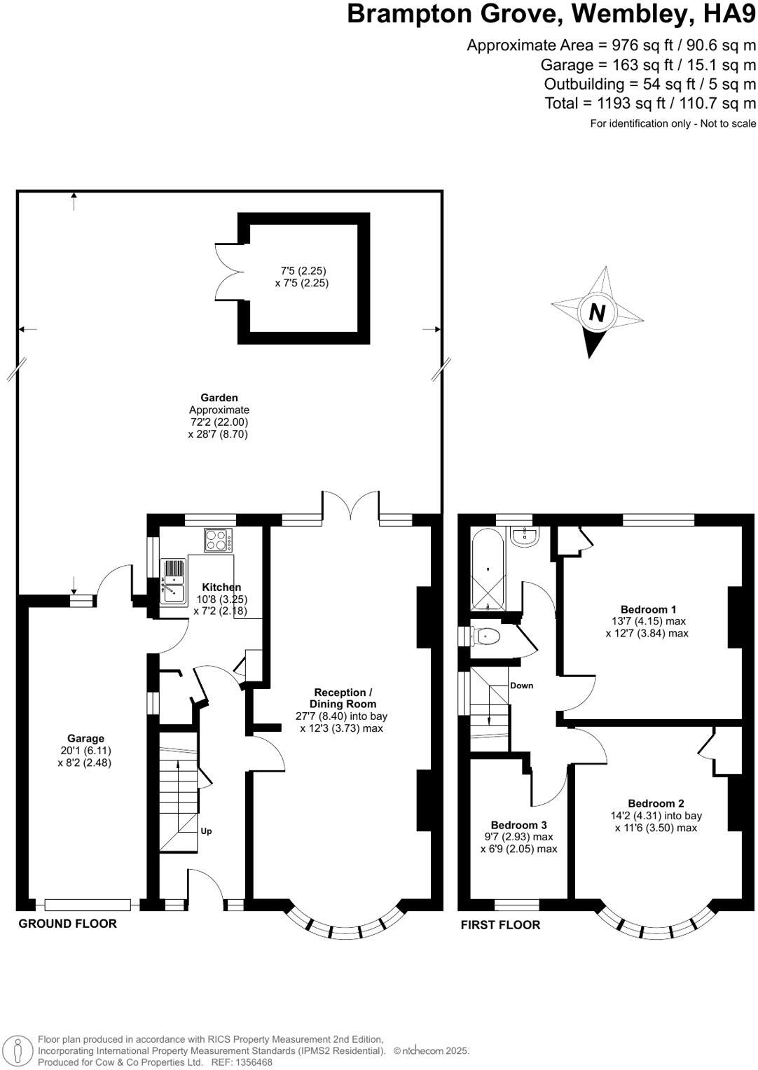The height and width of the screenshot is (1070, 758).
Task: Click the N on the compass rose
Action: pyautogui.click(x=597, y=312)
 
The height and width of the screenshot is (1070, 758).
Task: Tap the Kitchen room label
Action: pyautogui.click(x=221, y=587)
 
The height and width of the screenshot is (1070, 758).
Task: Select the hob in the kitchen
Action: pyautogui.click(x=219, y=540)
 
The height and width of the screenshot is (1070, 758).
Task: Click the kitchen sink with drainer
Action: pyautogui.click(x=172, y=581)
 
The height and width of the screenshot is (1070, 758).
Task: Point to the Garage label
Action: pyautogui.click(x=85, y=738)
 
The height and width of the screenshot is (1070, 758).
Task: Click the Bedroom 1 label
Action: pyautogui.click(x=648, y=609)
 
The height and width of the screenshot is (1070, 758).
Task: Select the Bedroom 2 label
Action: pyautogui.click(x=656, y=803)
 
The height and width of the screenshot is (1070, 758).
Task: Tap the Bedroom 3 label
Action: pyautogui.click(x=518, y=825)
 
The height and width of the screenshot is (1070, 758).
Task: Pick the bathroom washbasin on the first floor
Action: pyautogui.click(x=525, y=536)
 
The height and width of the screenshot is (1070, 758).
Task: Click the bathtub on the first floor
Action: pyautogui.click(x=488, y=569)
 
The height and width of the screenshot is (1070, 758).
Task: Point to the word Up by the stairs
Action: pyautogui.click(x=206, y=831)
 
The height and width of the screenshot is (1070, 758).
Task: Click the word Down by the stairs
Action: pyautogui.click(x=521, y=686)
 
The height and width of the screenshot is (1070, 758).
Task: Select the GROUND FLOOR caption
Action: pyautogui.click(x=67, y=924)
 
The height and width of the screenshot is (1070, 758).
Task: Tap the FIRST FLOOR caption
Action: pyautogui.click(x=500, y=925)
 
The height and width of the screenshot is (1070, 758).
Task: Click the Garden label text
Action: pyautogui.click(x=219, y=398)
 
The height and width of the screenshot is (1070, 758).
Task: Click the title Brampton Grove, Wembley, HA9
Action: pyautogui.click(x=551, y=14)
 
